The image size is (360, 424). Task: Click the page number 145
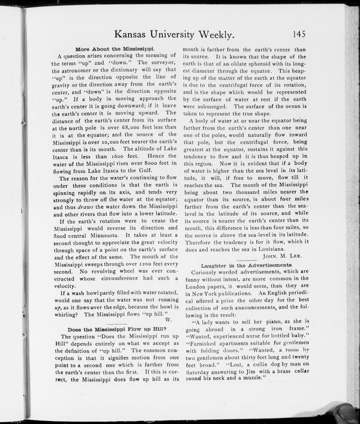(x=299, y=34)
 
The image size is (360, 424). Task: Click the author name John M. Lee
(x=274, y=255)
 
